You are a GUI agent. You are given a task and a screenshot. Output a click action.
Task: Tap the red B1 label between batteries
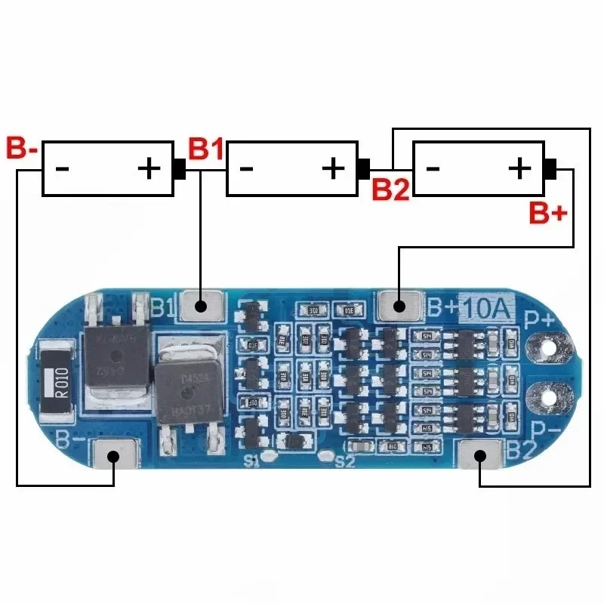pyautogui.click(x=206, y=149)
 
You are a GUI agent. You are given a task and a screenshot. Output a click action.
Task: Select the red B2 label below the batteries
pyautogui.click(x=391, y=189)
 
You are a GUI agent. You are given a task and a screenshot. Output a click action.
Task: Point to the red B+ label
pyautogui.click(x=547, y=214)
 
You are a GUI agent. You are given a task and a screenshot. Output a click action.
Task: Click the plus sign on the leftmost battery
pyautogui.click(x=149, y=168)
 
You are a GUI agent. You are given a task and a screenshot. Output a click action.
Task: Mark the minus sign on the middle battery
pyautogui.click(x=247, y=168)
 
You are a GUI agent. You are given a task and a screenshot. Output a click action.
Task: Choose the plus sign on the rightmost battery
pyautogui.click(x=519, y=168)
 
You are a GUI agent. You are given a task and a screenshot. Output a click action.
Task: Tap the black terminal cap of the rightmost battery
pyautogui.click(x=550, y=168)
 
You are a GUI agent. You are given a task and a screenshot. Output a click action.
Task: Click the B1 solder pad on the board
pyautogui.click(x=201, y=307)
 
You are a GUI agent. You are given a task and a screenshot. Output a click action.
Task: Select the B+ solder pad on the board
pyautogui.click(x=399, y=307)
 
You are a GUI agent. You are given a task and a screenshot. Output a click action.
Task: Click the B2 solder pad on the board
pyautogui.click(x=480, y=457)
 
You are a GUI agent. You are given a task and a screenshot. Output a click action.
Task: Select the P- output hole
pyautogui.click(x=546, y=395)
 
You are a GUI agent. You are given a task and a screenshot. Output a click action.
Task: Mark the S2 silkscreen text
pyautogui.click(x=344, y=461)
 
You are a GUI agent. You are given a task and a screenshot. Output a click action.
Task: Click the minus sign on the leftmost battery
pyautogui.click(x=63, y=168)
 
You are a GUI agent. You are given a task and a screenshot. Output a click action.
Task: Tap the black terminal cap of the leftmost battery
pyautogui.click(x=180, y=168)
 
